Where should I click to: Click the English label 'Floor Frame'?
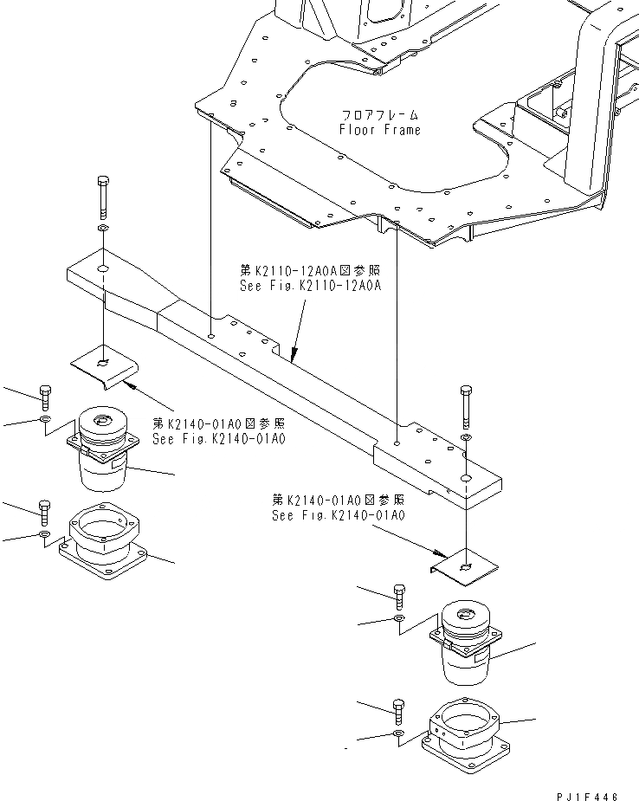tap(380, 130)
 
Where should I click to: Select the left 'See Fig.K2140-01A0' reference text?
tap(218, 439)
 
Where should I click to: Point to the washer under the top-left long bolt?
tap(102, 229)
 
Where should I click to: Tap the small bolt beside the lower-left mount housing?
tap(44, 512)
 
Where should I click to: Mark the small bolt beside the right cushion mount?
tap(399, 596)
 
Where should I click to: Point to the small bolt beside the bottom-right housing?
tap(398, 710)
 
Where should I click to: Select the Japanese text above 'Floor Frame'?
tap(380, 114)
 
